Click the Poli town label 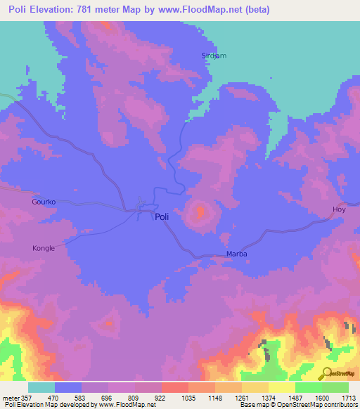[162, 218]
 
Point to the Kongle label [44, 248]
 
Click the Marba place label [237, 254]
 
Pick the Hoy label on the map [340, 210]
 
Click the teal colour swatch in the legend [41, 387]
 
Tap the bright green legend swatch [309, 387]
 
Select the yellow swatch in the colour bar [282, 387]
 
